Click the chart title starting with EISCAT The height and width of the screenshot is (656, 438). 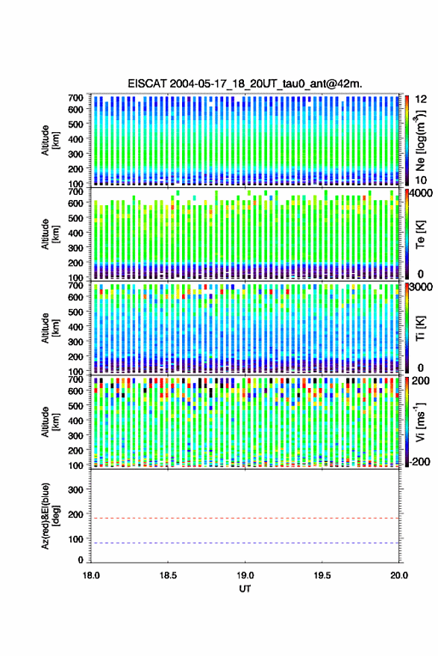coord(245,84)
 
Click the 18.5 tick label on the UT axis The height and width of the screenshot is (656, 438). coord(168,575)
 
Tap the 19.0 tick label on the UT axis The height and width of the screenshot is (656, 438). coord(245,575)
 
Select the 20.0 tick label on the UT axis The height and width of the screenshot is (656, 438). coord(399,575)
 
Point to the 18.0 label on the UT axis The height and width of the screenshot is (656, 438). coord(91,575)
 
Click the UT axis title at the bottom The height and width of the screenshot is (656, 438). coord(245,589)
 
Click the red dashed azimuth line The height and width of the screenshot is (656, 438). coord(245,519)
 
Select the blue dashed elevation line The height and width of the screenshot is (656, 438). coord(245,543)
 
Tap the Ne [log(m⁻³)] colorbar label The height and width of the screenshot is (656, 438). coord(420,140)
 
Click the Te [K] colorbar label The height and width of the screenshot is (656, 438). coord(420,234)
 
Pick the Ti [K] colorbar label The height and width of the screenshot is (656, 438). coord(420,328)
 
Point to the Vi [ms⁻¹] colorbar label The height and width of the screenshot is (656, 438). coord(420,422)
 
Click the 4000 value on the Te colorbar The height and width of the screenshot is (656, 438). coord(421,194)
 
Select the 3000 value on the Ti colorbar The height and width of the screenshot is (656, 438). coord(421,287)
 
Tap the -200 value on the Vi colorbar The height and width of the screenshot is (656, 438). coord(419,462)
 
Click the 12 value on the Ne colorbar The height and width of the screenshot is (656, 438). coord(421,99)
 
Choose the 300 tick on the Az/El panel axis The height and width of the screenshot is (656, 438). coord(75,490)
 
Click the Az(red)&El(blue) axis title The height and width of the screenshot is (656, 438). coord(50,516)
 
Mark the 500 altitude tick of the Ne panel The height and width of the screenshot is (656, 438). coord(75,124)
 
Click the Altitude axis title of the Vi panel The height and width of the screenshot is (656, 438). coord(50,422)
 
